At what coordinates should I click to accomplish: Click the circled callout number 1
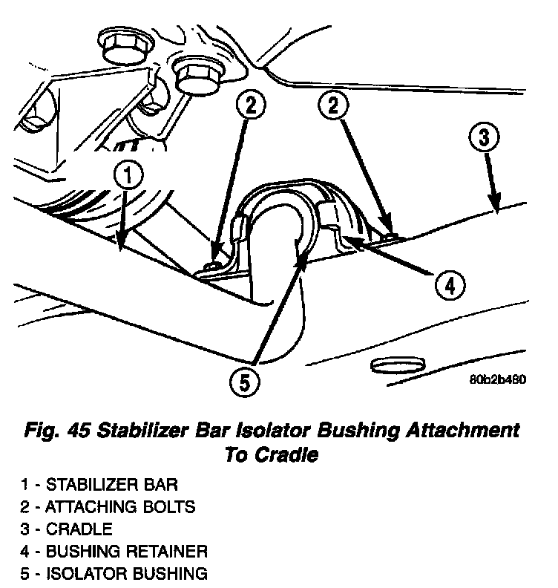coord(128,177)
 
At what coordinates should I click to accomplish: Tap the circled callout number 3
coord(483,138)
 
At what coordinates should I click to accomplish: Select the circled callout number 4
coord(449,284)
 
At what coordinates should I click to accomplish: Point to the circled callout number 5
coord(244,382)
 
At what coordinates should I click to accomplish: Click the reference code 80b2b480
coord(496,379)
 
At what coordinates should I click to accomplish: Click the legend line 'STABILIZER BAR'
coord(99,485)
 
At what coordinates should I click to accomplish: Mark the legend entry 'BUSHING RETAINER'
coord(114,552)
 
